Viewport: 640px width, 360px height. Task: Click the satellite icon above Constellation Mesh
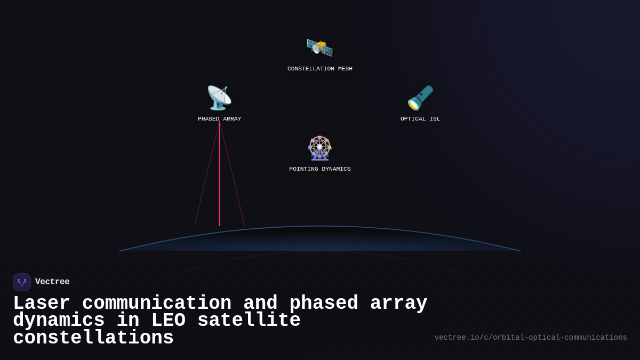tap(319, 47)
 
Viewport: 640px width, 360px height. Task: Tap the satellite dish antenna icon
tap(219, 98)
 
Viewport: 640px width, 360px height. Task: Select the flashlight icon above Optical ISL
tap(420, 98)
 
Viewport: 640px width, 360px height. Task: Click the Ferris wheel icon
tap(319, 148)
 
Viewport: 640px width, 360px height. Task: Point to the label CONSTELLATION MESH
tap(320, 69)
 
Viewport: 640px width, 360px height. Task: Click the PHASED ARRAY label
tap(219, 119)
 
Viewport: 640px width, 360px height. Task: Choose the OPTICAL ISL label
tap(420, 119)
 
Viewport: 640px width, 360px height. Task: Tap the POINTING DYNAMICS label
tap(320, 169)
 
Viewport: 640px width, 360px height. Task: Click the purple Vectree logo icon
tap(22, 282)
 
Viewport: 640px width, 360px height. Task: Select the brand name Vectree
tap(52, 282)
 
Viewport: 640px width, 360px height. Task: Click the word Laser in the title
tap(41, 303)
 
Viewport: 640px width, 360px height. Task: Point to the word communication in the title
tap(157, 303)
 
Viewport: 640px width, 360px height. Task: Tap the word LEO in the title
tap(168, 321)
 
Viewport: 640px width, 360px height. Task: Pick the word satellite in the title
tap(249, 321)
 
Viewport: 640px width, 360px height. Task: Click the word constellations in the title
tap(93, 338)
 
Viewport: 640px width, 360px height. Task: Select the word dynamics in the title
tap(59, 321)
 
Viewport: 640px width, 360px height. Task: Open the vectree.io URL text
tap(531, 338)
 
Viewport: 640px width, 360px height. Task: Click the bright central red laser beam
tap(220, 176)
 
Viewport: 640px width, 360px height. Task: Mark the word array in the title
tap(398, 303)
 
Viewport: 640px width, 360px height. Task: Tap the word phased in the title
tap(324, 303)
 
